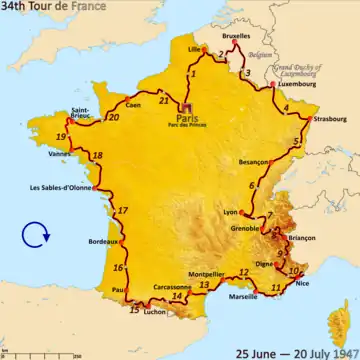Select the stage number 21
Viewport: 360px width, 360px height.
(163, 101)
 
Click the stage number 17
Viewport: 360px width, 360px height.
(122, 211)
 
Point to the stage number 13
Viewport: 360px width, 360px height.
(203, 285)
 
